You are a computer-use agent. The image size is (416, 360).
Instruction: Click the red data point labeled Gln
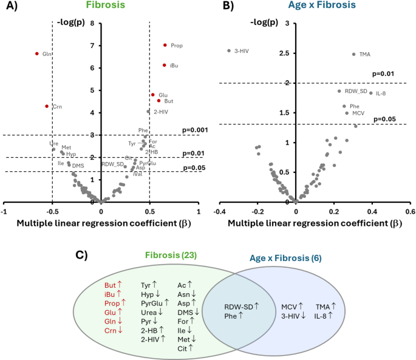pyautogui.click(x=37, y=53)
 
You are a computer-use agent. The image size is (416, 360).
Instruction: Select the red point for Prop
pyautogui.click(x=165, y=45)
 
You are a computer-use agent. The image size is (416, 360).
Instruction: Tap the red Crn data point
pyautogui.click(x=47, y=106)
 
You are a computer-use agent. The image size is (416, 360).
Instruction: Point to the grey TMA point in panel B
pyautogui.click(x=353, y=54)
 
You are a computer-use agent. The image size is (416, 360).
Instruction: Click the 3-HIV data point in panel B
pyautogui.click(x=229, y=50)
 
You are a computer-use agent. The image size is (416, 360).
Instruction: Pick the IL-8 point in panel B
pyautogui.click(x=370, y=93)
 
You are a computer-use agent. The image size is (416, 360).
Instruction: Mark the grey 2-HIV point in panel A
pyautogui.click(x=148, y=112)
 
